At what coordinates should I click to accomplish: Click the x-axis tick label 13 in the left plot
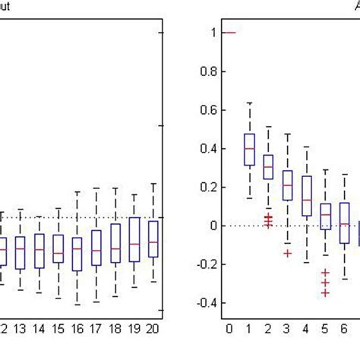[x=20, y=329]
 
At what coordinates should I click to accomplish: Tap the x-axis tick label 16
[x=77, y=329]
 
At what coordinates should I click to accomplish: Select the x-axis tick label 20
[x=153, y=329]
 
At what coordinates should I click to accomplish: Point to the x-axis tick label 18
[x=115, y=329]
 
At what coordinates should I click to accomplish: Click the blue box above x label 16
[x=77, y=254]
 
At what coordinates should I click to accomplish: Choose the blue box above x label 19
[x=134, y=239]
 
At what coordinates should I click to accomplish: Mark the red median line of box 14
[x=39, y=249]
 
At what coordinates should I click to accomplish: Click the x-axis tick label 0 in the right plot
[x=229, y=329]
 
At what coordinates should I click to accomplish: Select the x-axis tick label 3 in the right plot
[x=287, y=329]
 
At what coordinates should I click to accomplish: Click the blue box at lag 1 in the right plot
[x=248, y=150]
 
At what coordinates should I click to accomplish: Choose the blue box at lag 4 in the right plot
[x=306, y=196]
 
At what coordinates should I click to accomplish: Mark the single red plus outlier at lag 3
[x=287, y=252]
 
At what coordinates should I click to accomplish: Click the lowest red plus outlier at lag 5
[x=326, y=292]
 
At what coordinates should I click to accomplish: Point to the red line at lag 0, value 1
[x=229, y=33]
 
